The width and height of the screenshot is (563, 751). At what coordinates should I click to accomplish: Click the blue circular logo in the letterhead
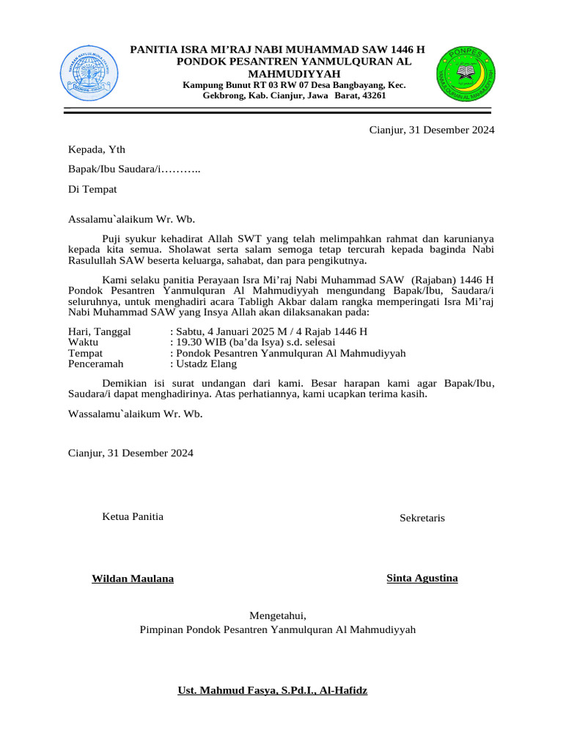[85, 73]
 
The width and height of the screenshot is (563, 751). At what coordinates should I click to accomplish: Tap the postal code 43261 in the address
[374, 95]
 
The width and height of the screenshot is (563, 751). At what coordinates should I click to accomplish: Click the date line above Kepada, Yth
[431, 130]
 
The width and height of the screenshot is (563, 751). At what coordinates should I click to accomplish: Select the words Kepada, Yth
[97, 150]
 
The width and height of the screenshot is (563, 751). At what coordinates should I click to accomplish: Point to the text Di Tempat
[92, 188]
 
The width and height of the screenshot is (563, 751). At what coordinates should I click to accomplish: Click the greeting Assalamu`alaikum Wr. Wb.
[132, 219]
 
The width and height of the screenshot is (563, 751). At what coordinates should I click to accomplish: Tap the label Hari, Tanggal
[100, 331]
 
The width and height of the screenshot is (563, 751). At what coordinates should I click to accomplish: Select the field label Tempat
[85, 353]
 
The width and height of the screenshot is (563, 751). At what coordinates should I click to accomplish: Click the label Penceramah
[96, 363]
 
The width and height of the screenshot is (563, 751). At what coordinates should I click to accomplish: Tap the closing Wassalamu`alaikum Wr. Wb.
[136, 414]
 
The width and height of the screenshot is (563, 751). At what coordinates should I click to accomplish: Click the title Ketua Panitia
[133, 516]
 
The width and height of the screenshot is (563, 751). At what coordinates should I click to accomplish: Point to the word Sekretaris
[422, 518]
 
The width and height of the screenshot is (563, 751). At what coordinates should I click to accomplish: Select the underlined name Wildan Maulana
[133, 579]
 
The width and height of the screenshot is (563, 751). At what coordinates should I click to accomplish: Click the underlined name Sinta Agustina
[422, 578]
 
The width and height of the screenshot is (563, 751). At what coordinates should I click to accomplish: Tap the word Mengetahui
[278, 615]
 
